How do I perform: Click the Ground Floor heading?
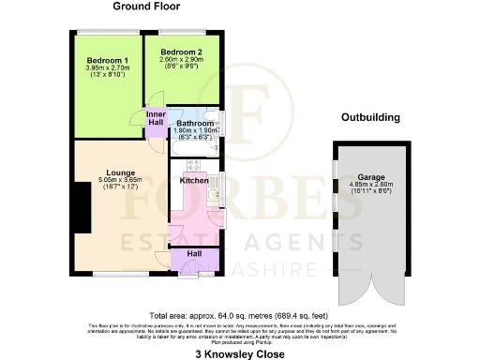[x=147, y=7]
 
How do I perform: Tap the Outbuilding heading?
[x=370, y=118]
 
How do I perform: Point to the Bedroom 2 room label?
[x=181, y=52]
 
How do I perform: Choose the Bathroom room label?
[x=196, y=123]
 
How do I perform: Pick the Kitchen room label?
[x=194, y=180]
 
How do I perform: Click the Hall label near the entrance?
[x=194, y=254]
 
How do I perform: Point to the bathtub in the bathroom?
[x=195, y=148]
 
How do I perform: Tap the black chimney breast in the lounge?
[x=73, y=201]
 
